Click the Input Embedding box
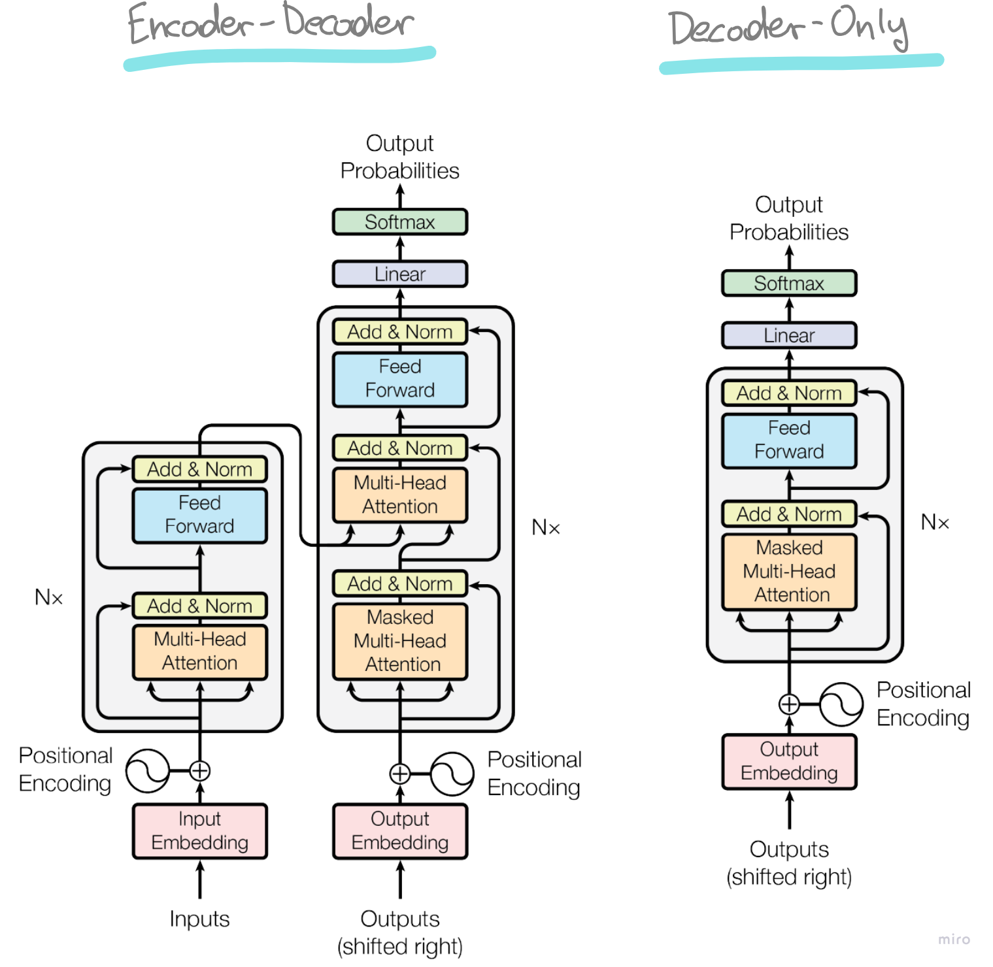point(200,830)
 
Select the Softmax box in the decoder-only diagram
point(789,284)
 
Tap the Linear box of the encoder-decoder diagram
point(400,274)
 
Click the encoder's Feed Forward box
point(200,515)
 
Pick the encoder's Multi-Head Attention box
point(200,651)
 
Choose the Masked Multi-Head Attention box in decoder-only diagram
point(789,572)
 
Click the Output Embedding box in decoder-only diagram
point(789,761)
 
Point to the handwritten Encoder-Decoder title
point(271,24)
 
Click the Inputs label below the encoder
point(199,919)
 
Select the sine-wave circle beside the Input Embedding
point(147,771)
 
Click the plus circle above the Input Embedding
point(200,771)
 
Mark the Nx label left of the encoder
point(48,597)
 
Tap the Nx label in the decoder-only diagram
point(935,522)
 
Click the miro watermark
point(954,940)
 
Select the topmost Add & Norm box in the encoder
point(200,469)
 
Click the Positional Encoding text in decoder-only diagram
point(923,704)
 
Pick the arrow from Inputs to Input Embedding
point(200,879)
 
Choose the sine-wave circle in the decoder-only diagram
point(841,704)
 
